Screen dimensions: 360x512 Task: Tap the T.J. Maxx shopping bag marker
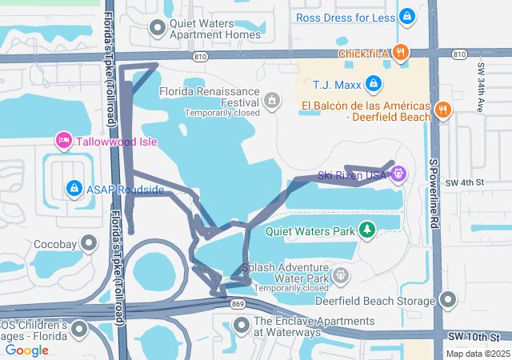pos(373,83)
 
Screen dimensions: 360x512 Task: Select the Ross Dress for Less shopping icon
pos(407,16)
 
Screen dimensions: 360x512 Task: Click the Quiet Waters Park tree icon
pos(367,230)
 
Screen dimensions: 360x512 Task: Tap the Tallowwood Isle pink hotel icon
pos(64,142)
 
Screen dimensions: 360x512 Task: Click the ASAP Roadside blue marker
pos(74,189)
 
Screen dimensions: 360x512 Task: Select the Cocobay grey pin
pos(88,242)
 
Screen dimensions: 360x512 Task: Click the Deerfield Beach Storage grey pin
pos(448,300)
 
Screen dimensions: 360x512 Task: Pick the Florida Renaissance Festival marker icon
pos(273,101)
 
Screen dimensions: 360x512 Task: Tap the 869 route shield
pos(238,304)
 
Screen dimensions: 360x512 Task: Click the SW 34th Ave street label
pos(481,88)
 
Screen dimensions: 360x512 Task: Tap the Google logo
pos(26,350)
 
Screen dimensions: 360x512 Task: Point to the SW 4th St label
pos(465,183)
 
